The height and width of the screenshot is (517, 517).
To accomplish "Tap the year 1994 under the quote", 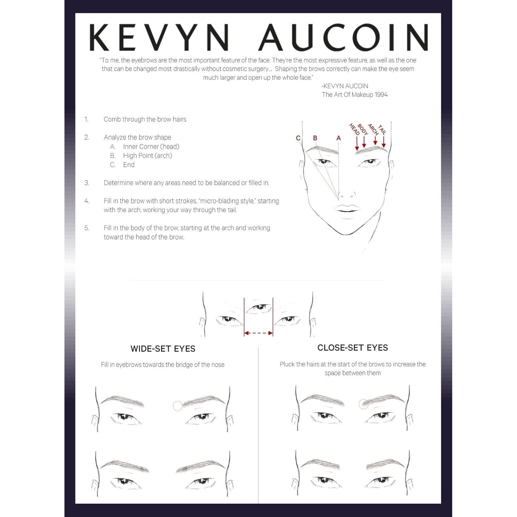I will coord(381,95).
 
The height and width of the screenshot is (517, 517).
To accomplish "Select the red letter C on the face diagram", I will coord(298,138).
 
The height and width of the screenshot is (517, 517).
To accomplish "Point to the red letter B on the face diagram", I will coord(315,138).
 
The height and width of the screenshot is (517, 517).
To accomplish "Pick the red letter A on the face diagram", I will coord(338,138).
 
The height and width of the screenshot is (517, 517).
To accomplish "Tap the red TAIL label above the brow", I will coord(382,129).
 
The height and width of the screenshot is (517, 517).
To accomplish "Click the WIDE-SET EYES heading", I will coord(163,349).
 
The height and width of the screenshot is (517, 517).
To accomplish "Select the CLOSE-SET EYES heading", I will coord(353,348).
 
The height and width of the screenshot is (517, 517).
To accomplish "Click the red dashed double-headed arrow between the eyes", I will coord(258,333).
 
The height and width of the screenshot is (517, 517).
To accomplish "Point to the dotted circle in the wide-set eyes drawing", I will coord(178,406).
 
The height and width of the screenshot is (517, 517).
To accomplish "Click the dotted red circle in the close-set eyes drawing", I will coord(363,404).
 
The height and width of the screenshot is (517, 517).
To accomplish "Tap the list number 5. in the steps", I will coord(87,228).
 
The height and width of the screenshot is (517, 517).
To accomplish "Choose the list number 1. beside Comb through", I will coord(87,120).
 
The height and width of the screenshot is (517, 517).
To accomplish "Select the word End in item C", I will coord(129,165).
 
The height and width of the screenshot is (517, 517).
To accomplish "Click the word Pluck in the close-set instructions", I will coord(287,364).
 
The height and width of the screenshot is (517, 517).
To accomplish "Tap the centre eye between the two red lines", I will coord(258,307).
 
